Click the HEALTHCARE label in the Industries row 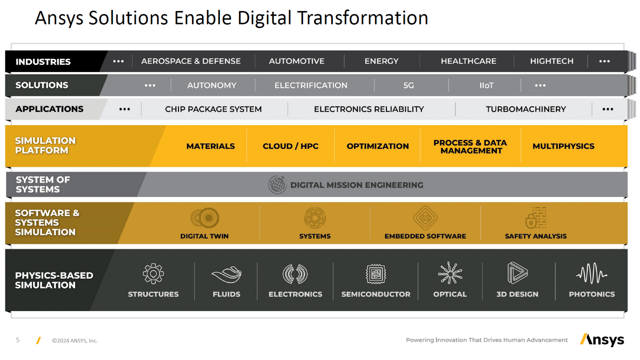coord(468,61)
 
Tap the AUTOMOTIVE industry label coord(297,61)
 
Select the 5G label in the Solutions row coord(409,86)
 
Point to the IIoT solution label coord(486,86)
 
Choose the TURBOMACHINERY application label coord(526,109)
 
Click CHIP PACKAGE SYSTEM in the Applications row coord(213,109)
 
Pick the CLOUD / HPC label coord(291,146)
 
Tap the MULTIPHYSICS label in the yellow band coord(563,146)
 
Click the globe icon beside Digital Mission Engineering coord(277,185)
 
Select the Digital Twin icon coord(205,218)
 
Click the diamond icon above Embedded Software coord(425,218)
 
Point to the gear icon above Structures coord(153,274)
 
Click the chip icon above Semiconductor coord(376,274)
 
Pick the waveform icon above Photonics coord(592,273)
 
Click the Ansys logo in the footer coord(602,340)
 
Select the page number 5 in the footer coord(18,340)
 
